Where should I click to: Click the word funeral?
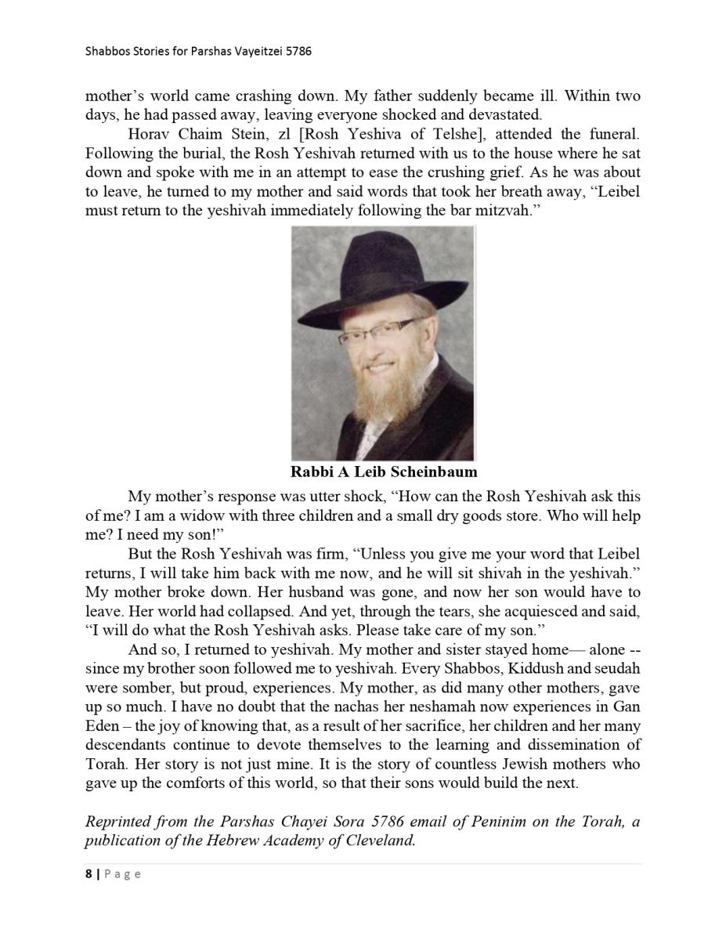[x=612, y=134]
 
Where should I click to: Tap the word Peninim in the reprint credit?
[x=483, y=822]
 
